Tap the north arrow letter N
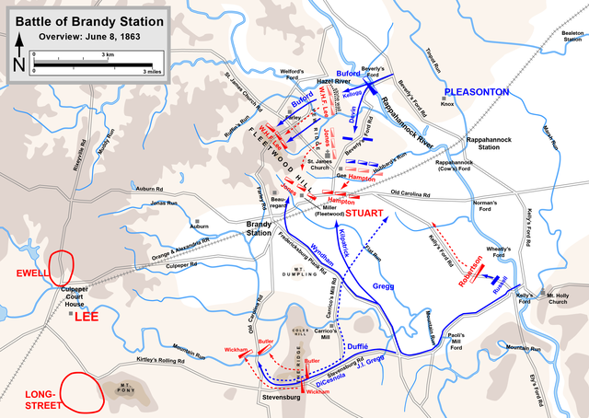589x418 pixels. point(18,64)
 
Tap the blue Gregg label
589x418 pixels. point(383,286)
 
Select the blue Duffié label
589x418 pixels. point(362,338)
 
